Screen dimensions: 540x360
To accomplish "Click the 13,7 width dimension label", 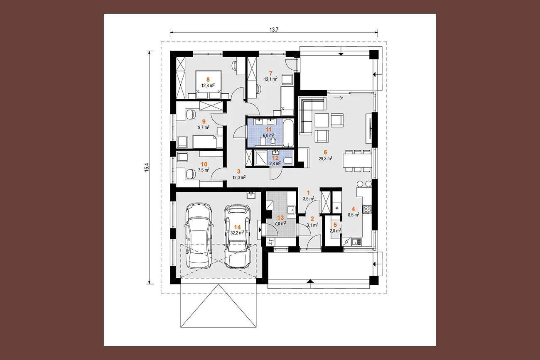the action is [274, 29].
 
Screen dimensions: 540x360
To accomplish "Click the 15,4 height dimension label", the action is [147, 167].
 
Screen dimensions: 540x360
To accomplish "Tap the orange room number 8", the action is [208, 79].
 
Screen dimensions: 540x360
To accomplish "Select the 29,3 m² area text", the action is [325, 159].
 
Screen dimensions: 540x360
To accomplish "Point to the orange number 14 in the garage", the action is [237, 227].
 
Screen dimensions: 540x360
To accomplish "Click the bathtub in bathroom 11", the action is [288, 132].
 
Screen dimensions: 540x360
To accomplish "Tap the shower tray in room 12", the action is [261, 158].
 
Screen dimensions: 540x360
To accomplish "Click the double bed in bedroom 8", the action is [208, 85].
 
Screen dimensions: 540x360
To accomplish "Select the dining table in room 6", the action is [357, 160].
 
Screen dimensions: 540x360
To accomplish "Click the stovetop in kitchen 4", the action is [367, 209].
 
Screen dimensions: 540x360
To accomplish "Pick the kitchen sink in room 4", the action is [356, 241].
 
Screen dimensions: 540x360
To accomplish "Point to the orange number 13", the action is [280, 218].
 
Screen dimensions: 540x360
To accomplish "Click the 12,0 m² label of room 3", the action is [239, 178].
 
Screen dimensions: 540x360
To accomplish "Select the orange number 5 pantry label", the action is [335, 225].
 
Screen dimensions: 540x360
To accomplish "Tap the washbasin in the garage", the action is [251, 195].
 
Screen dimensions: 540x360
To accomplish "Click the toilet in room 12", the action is [287, 160].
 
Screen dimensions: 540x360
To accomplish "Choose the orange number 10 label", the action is [204, 164].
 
